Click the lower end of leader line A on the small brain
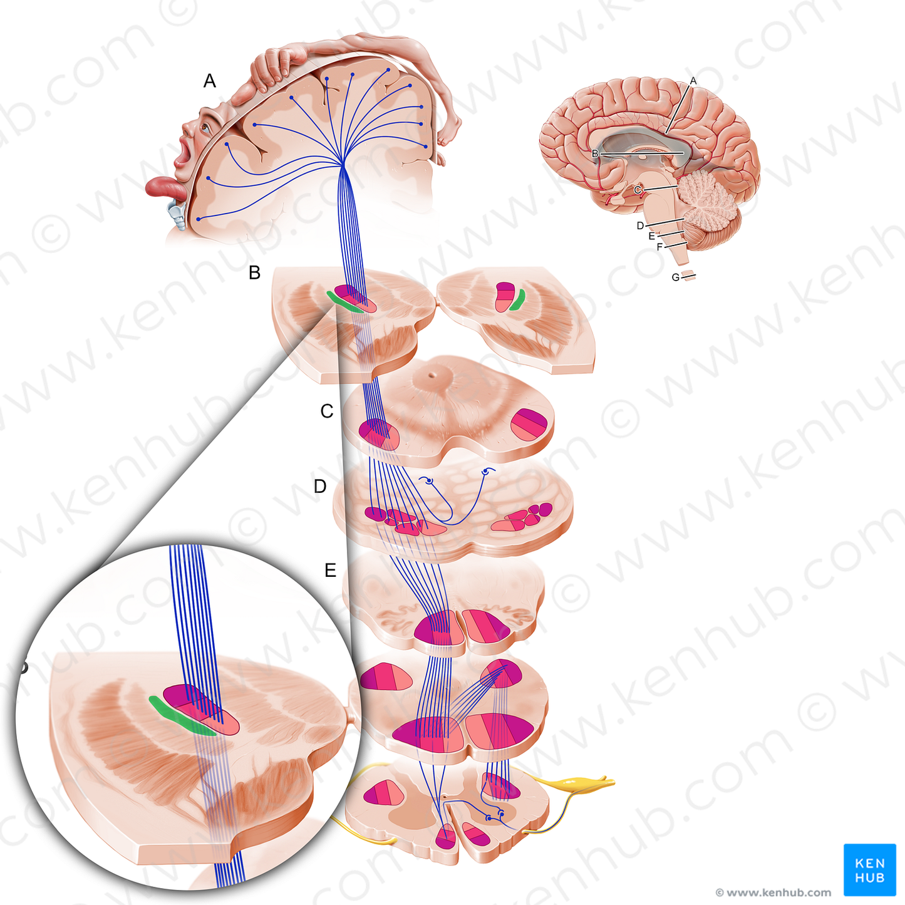coord(666,133)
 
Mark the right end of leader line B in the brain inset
coord(683,153)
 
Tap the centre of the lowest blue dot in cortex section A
coord(198,219)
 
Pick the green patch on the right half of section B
coord(517,299)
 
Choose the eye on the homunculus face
coord(205,127)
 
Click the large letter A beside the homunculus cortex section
coord(209,81)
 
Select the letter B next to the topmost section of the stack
coord(254,272)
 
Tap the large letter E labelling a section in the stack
coord(330,570)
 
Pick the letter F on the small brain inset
coord(659,247)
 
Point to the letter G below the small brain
coord(675,277)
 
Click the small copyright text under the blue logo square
coord(773,892)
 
